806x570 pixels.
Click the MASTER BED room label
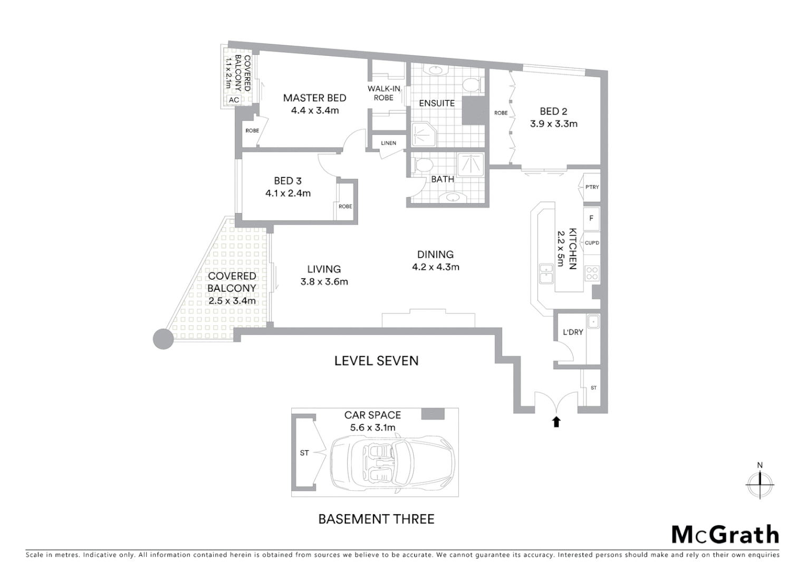coord(314,98)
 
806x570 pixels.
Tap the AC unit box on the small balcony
coord(234,100)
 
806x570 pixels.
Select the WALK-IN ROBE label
coord(383,93)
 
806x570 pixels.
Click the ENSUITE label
coord(436,103)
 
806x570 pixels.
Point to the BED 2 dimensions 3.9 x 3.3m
coord(553,124)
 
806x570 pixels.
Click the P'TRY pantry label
coord(592,187)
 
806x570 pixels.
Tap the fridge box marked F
coord(591,218)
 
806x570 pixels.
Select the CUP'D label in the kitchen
coord(592,243)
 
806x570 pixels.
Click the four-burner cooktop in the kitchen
coord(592,273)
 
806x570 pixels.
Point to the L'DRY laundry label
coord(572,332)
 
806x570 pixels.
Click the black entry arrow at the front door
coord(556,421)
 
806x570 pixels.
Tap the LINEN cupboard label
coord(388,143)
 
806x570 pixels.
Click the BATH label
coord(442,179)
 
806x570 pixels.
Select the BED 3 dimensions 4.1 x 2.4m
coord(287,193)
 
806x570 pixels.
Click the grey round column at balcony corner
coord(163,339)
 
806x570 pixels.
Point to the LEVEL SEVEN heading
coord(376,360)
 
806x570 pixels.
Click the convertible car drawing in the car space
coord(391,460)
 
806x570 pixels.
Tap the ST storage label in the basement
coord(304,453)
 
